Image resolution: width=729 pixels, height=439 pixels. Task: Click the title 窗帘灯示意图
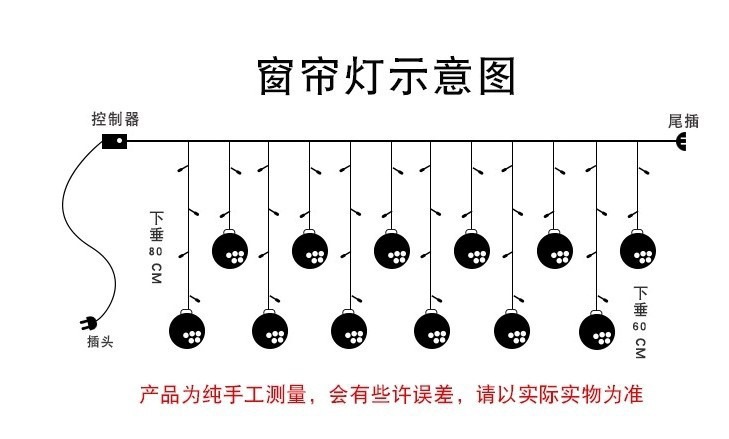click(x=385, y=75)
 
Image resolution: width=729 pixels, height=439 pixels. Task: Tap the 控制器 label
click(x=115, y=119)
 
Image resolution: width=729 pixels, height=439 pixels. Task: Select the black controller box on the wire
click(x=115, y=141)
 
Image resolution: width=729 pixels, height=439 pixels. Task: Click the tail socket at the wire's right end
click(x=683, y=142)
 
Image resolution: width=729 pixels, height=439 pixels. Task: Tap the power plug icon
click(x=87, y=323)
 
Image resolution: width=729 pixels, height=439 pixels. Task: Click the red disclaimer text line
click(x=391, y=395)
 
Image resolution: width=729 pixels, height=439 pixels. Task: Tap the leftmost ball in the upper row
click(x=231, y=249)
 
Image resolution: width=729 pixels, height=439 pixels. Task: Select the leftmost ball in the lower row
click(x=187, y=329)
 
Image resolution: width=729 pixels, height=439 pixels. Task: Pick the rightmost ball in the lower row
click(x=597, y=329)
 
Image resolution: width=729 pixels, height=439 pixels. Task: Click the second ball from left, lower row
click(x=269, y=329)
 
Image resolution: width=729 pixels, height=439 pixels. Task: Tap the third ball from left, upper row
click(x=392, y=249)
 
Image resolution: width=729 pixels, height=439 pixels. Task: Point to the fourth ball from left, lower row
click(x=432, y=329)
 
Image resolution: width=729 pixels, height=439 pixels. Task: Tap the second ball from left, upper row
click(x=310, y=249)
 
